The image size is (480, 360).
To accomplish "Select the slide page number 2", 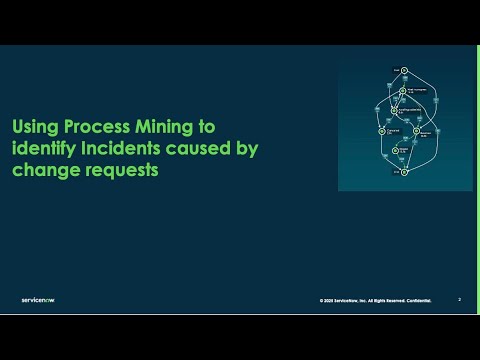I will pyautogui.click(x=459, y=299).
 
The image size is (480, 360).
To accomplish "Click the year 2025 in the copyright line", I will pyautogui.click(x=331, y=300).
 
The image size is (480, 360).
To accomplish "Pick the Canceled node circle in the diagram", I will pyautogui.click(x=382, y=130).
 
